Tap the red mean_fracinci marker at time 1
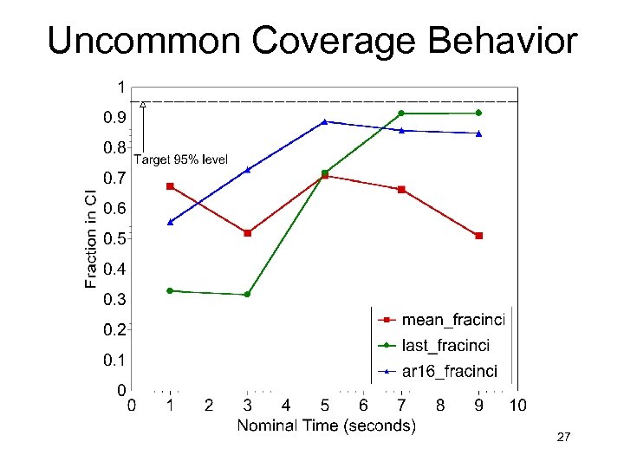pos(170,186)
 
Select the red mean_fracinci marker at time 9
pos(478,236)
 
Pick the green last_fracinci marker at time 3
pos(247,295)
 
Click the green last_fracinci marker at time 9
pos(478,113)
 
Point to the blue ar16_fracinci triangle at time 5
pos(324,122)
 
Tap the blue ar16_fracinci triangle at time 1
pos(170,223)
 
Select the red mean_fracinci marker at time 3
pos(248,233)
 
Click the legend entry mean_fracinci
pos(452,320)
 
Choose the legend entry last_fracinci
pos(445,346)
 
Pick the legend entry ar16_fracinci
pos(449,372)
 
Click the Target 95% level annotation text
pos(180,159)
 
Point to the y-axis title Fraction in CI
pos(91,239)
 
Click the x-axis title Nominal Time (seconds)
pos(326,426)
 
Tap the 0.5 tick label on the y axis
pos(114,238)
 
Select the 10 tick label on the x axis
pos(517,405)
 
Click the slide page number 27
pos(563,438)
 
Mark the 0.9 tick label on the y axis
pos(114,117)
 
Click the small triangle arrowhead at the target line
pos(143,105)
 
